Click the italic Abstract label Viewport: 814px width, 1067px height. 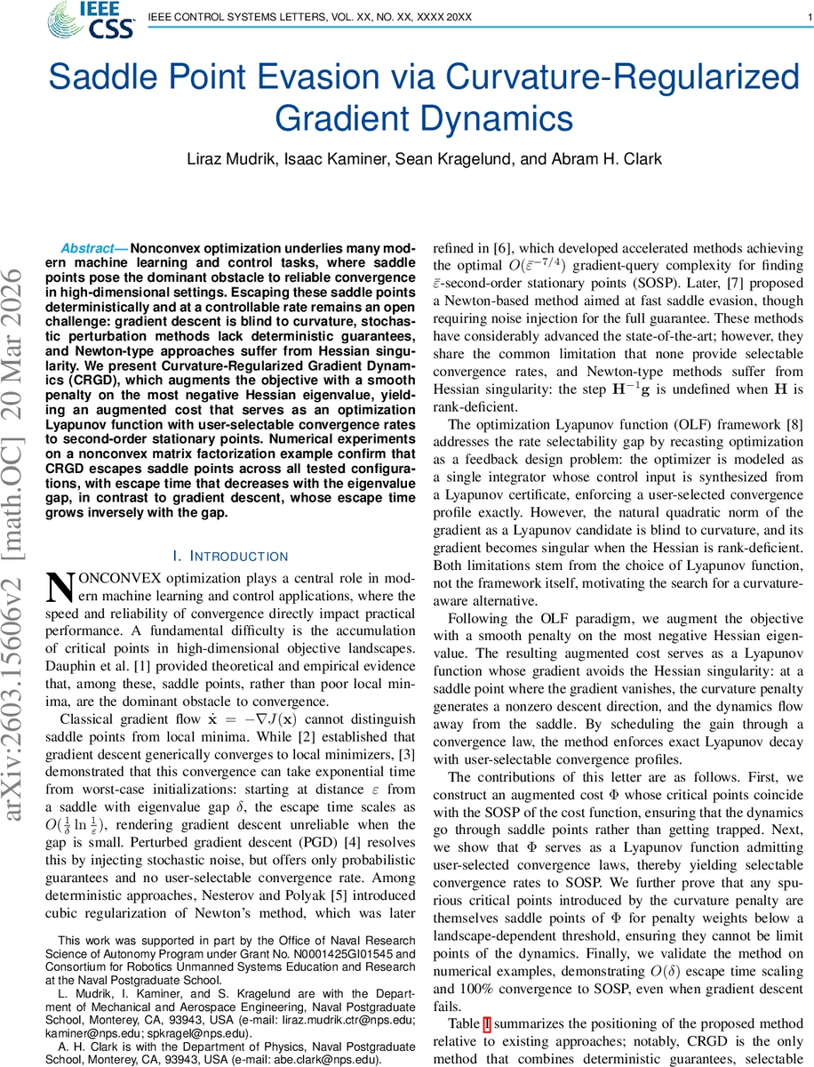92,249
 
